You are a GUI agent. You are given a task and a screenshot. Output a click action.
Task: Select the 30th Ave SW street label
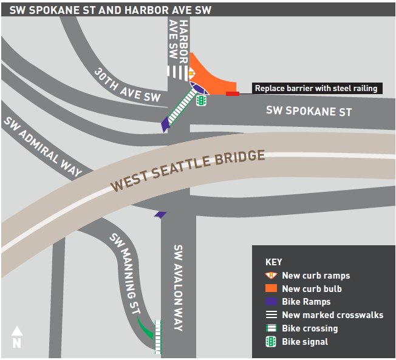(127, 85)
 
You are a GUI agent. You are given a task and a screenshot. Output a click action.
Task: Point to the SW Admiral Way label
(43, 146)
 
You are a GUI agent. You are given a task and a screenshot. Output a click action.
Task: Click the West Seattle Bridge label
(188, 172)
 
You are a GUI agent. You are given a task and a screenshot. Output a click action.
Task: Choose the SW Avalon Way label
(178, 288)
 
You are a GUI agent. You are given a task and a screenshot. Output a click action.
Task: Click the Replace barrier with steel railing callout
(316, 89)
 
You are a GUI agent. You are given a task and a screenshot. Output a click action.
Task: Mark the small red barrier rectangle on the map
(232, 93)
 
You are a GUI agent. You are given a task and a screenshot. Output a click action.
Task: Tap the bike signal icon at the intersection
(200, 100)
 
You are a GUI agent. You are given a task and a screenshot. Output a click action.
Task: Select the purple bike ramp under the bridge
(160, 214)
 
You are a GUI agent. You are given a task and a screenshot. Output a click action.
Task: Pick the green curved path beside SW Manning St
(146, 328)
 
